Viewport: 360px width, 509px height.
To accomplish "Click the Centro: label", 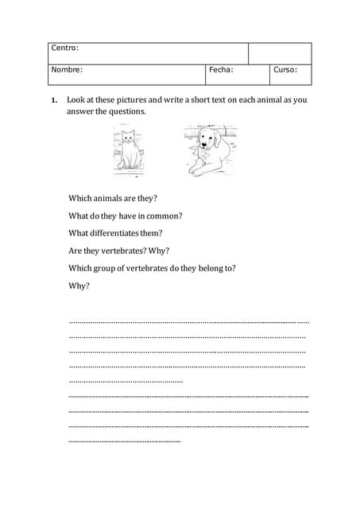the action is point(65,49).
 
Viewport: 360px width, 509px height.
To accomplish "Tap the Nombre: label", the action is point(67,70).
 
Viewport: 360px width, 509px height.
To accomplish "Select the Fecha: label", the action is point(221,70).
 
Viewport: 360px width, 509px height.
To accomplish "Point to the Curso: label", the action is point(285,70).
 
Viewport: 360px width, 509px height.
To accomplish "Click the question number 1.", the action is point(53,101).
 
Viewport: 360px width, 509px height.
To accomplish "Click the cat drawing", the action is point(127,150).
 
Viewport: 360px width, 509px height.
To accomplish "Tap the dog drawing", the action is point(211,150).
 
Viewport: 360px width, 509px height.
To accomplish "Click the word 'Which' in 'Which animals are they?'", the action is point(80,198).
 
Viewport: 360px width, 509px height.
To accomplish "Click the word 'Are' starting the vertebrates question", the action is point(75,251).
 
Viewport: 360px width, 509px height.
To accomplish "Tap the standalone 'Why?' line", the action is point(79,286).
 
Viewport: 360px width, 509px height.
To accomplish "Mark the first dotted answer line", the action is point(188,322).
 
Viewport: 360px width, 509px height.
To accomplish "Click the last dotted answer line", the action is point(125,441).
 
